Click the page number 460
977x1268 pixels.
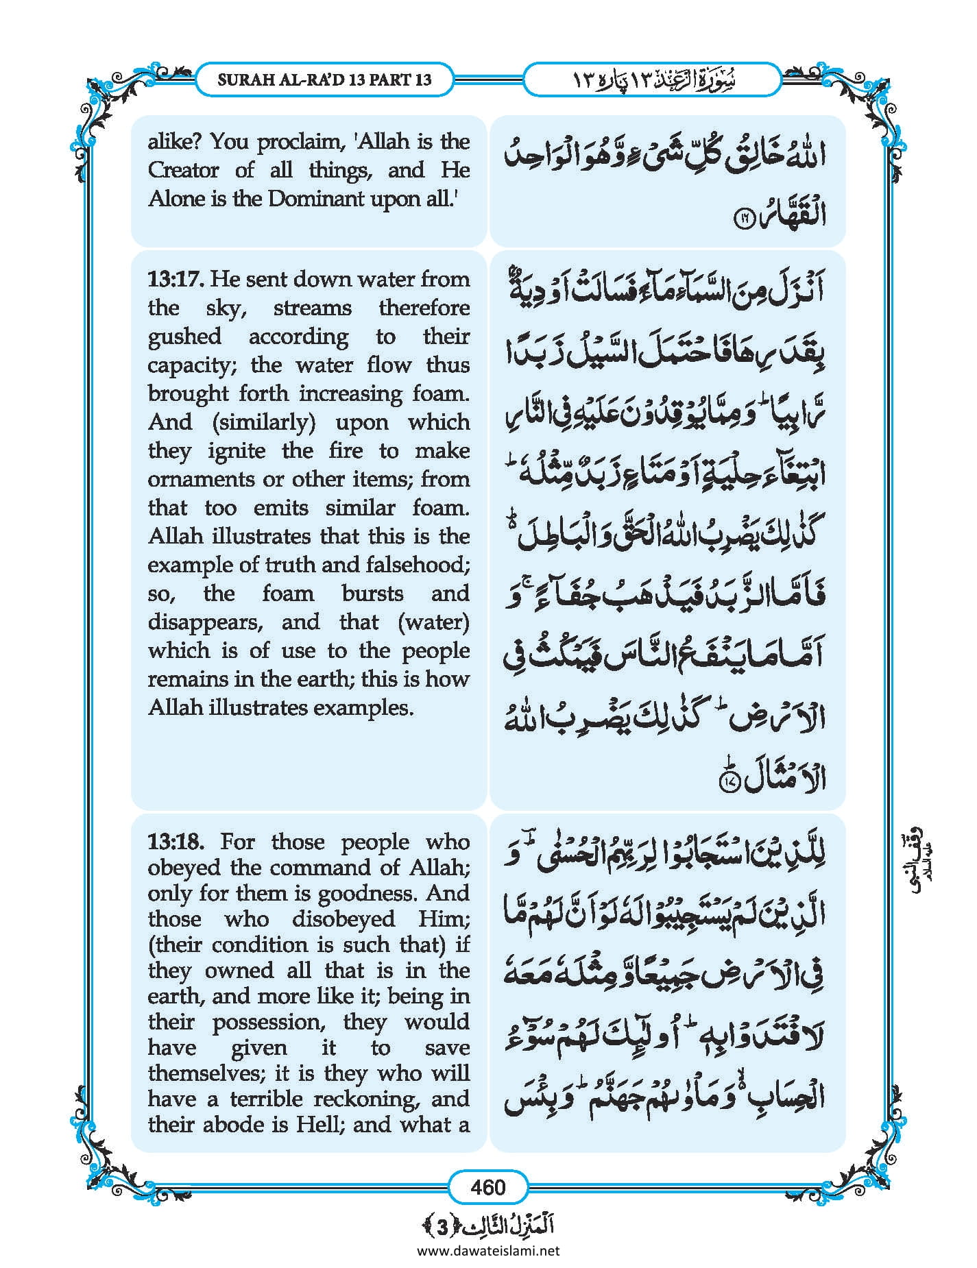coord(487,1186)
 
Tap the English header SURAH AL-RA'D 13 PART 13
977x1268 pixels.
coord(324,80)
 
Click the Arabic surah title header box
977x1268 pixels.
coord(651,80)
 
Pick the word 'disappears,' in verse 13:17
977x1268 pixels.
coord(206,622)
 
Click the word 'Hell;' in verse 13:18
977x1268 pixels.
coord(320,1125)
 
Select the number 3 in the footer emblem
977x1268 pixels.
coord(443,1226)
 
